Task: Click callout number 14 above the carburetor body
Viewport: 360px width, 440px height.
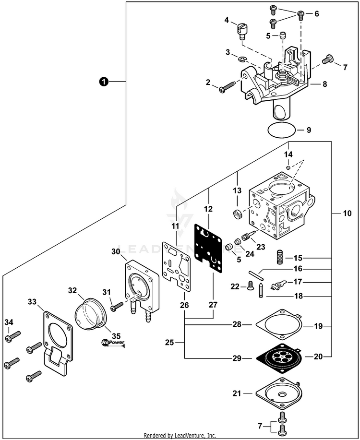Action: pyautogui.click(x=288, y=155)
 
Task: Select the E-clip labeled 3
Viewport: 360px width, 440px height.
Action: pyautogui.click(x=242, y=59)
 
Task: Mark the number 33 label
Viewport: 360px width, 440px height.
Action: pyautogui.click(x=32, y=302)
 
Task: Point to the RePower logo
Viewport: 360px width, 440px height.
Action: pyautogui.click(x=113, y=343)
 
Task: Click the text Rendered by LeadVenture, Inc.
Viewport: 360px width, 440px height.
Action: pyautogui.click(x=180, y=436)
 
